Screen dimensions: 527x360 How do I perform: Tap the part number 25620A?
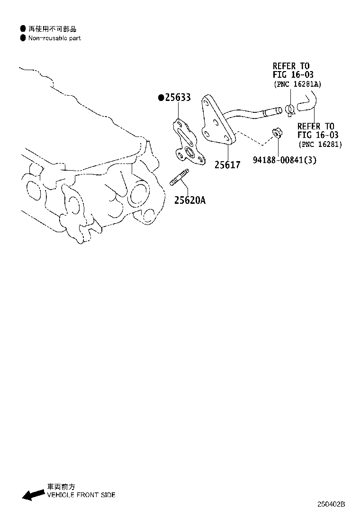pyautogui.click(x=189, y=200)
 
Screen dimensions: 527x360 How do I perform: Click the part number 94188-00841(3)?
pyautogui.click(x=284, y=160)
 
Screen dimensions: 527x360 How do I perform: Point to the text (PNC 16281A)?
pyautogui.click(x=297, y=84)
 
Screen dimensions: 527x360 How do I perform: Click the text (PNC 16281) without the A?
pyautogui.click(x=320, y=144)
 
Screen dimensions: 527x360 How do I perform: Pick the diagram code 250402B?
pyautogui.click(x=332, y=504)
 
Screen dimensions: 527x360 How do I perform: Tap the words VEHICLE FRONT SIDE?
pyautogui.click(x=81, y=495)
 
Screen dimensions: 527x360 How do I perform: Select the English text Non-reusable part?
pyautogui.click(x=54, y=38)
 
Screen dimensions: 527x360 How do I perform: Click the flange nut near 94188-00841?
pyautogui.click(x=278, y=132)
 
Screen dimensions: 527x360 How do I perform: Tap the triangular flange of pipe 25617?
pyautogui.click(x=216, y=121)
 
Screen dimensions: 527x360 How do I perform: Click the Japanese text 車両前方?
pyautogui.click(x=61, y=487)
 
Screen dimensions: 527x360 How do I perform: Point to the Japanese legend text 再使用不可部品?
pyautogui.click(x=52, y=29)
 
